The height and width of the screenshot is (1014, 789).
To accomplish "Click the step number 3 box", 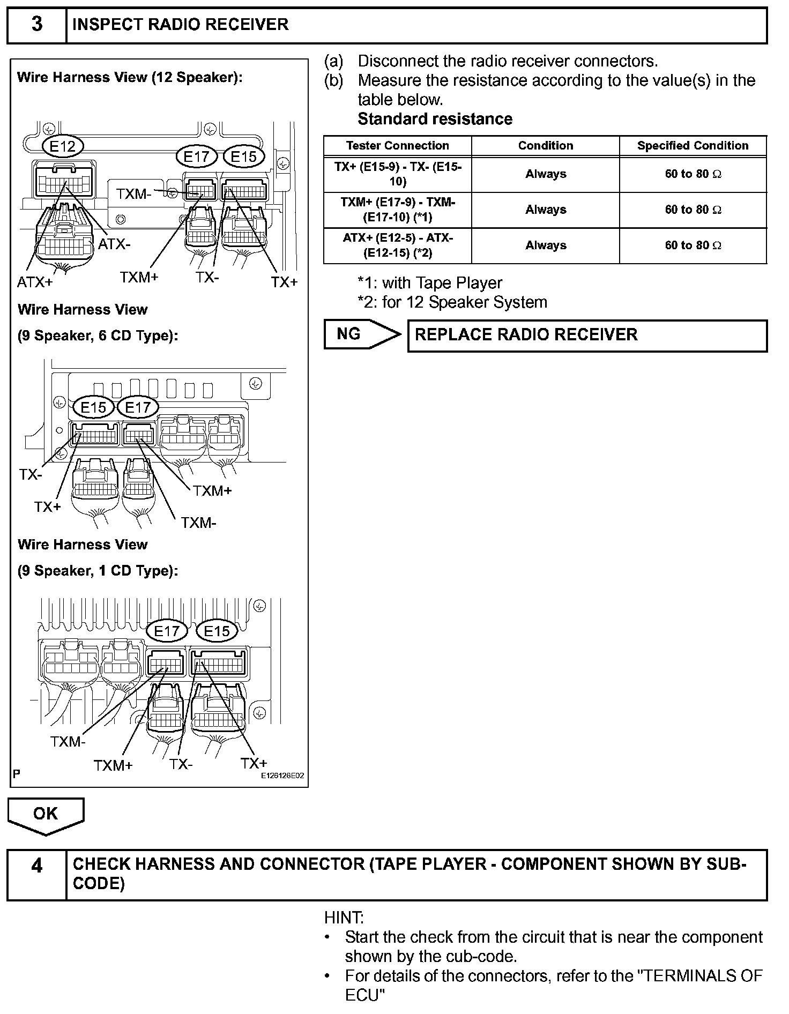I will (x=36, y=25).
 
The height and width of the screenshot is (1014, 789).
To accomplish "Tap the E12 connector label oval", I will (x=63, y=146).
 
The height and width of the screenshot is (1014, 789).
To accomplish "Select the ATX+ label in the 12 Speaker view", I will (x=35, y=282).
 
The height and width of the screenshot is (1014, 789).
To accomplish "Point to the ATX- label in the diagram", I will (x=114, y=244).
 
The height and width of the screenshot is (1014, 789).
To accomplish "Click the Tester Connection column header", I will (x=397, y=146).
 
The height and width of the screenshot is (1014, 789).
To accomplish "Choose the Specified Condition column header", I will (x=693, y=146).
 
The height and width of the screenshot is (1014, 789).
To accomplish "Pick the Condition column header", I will (x=545, y=146).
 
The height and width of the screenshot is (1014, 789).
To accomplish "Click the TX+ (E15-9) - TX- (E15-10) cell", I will (x=397, y=174).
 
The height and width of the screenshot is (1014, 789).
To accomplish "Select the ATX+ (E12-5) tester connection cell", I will (x=397, y=245).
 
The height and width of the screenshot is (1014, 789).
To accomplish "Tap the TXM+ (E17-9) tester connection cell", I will (x=397, y=210).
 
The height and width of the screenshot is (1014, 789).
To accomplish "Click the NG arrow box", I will (x=362, y=334).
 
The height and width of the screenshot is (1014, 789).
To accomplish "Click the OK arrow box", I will (x=46, y=814).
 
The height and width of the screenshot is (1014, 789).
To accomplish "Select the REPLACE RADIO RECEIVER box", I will (x=587, y=335).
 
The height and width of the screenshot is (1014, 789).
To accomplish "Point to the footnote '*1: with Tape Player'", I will (x=430, y=283).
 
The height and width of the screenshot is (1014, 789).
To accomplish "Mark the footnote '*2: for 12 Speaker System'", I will (x=452, y=302).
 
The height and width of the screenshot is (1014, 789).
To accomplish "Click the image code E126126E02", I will (x=282, y=776).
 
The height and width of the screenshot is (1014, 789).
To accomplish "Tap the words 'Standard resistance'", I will (x=435, y=119).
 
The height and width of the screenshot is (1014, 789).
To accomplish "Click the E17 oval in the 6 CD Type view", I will (x=138, y=408).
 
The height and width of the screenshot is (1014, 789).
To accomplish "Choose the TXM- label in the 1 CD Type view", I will (x=68, y=742).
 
